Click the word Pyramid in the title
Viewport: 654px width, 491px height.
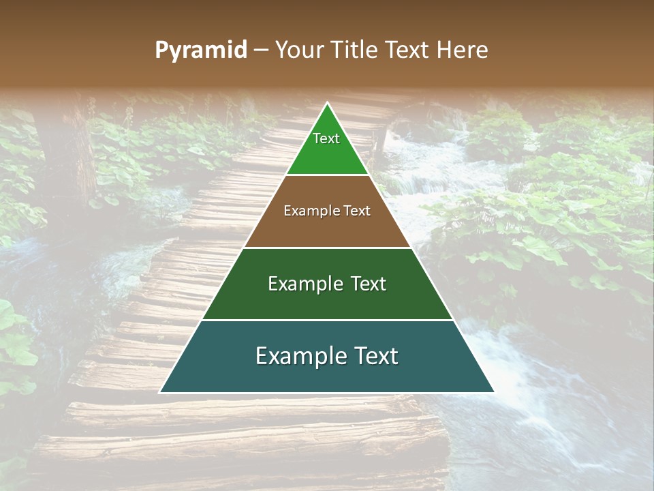click(x=200, y=50)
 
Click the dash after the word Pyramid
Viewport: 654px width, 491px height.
click(x=261, y=50)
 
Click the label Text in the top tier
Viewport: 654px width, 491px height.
click(x=326, y=138)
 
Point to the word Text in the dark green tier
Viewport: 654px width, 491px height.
click(x=369, y=284)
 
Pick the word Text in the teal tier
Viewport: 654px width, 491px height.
click(x=377, y=356)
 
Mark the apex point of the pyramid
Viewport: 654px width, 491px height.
click(x=327, y=104)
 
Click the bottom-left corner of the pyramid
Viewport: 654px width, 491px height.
click(x=161, y=392)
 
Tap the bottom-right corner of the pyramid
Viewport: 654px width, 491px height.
click(x=493, y=392)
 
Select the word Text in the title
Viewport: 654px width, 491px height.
click(x=408, y=50)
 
